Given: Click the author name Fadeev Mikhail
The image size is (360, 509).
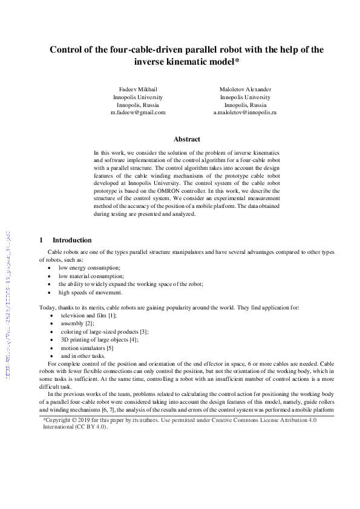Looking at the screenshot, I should pos(138,89).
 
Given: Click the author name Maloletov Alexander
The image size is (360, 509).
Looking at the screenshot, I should pos(245,89).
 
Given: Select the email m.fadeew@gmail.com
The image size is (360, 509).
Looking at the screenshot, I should pos(138,112).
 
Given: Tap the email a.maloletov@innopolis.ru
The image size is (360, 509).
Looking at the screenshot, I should pos(245,112).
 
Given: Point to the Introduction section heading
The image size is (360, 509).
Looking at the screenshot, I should pos(72,240).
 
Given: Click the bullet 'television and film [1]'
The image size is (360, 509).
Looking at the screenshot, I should pos(88,316).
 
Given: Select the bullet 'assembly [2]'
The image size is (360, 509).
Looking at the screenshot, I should pos(75,323).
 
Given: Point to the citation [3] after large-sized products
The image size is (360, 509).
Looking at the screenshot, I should pos(143,332).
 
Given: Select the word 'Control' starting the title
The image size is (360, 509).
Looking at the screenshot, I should pos(67,50).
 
